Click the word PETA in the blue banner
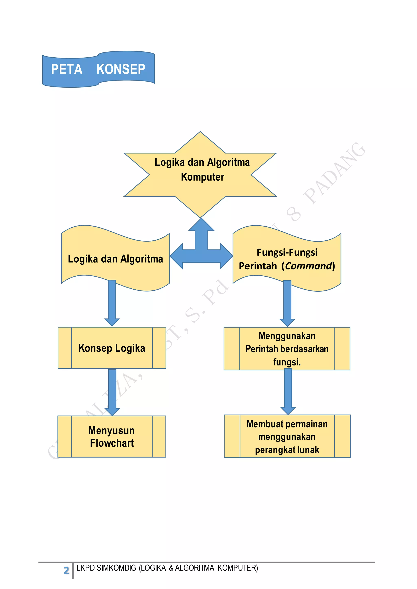tap(67, 69)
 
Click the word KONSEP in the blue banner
tap(121, 69)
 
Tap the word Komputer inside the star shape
tap(202, 177)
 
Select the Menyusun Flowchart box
tap(112, 437)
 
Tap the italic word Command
tap(309, 266)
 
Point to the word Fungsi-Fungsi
tap(287, 252)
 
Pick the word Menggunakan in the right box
tap(287, 336)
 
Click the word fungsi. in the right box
tap(287, 362)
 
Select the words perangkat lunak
tap(287, 450)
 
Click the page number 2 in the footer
tap(67, 570)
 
